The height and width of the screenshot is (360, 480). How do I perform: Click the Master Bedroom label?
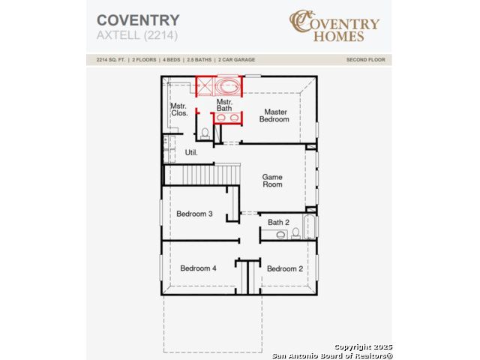(x=274, y=115)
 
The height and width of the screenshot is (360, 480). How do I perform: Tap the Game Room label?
(x=272, y=181)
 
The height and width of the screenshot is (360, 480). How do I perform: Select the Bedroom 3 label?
(x=194, y=214)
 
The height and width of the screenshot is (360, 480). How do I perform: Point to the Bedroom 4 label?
(x=198, y=268)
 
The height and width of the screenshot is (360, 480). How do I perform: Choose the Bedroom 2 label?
(x=285, y=268)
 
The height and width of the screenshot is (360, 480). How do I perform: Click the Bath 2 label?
(x=278, y=222)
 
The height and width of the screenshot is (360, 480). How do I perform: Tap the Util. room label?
(x=191, y=152)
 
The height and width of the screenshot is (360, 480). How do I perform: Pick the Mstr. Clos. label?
(x=179, y=109)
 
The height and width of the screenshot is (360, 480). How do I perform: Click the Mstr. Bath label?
(x=224, y=105)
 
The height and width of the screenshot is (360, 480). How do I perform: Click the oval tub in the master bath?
(x=228, y=86)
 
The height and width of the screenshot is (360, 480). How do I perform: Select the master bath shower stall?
(x=204, y=86)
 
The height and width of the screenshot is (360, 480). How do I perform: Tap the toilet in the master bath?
(x=205, y=133)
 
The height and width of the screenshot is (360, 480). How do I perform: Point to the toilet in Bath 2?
(x=295, y=233)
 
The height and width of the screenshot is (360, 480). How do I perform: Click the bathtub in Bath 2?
(x=309, y=226)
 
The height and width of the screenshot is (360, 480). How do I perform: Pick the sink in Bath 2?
(x=280, y=235)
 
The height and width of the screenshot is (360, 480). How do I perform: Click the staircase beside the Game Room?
(x=202, y=175)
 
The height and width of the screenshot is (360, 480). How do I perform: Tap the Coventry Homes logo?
(x=334, y=25)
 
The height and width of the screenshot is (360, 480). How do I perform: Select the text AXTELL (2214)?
(x=137, y=35)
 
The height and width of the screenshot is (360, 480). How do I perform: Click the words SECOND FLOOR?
(x=366, y=60)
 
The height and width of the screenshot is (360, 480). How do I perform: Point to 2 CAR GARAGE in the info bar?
(x=237, y=60)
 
